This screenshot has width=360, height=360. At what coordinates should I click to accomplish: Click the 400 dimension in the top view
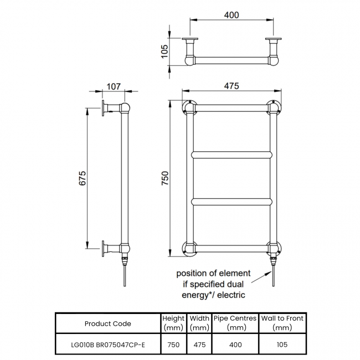[231, 15]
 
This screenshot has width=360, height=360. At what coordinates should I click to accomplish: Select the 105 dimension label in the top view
[164, 52]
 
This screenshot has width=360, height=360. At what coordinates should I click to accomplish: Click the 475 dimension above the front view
[231, 86]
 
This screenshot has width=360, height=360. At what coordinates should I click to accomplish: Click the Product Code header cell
[107, 323]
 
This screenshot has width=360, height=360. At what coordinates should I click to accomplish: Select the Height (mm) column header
[173, 323]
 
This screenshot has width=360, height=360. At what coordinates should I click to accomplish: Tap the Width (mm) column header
[199, 323]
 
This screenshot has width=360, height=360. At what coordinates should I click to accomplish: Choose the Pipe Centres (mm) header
[235, 323]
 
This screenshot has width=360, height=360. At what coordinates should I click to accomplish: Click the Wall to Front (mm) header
[282, 323]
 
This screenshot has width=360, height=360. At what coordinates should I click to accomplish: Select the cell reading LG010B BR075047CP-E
[107, 344]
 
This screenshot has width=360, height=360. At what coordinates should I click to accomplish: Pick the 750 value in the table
[173, 344]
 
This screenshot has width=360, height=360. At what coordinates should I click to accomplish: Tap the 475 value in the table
[199, 344]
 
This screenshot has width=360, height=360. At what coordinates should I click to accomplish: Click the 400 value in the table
[235, 344]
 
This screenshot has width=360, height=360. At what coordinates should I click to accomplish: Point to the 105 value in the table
[282, 344]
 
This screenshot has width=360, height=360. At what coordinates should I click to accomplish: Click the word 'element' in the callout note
[235, 274]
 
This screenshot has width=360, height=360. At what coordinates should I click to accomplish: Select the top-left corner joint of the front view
[189, 106]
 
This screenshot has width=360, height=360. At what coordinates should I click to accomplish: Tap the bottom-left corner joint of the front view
[189, 249]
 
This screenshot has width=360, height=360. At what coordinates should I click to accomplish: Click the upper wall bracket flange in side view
[103, 109]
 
